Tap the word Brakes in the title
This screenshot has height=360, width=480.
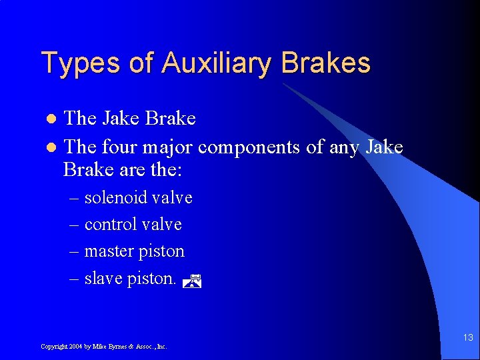point(326,63)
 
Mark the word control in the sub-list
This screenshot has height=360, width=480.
point(110,225)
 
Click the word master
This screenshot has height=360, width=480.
point(109,251)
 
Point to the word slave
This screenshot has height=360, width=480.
point(103,278)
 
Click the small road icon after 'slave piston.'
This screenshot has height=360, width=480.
point(191,281)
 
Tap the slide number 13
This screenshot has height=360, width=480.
point(467,338)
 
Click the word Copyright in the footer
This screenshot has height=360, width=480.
point(53,347)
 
